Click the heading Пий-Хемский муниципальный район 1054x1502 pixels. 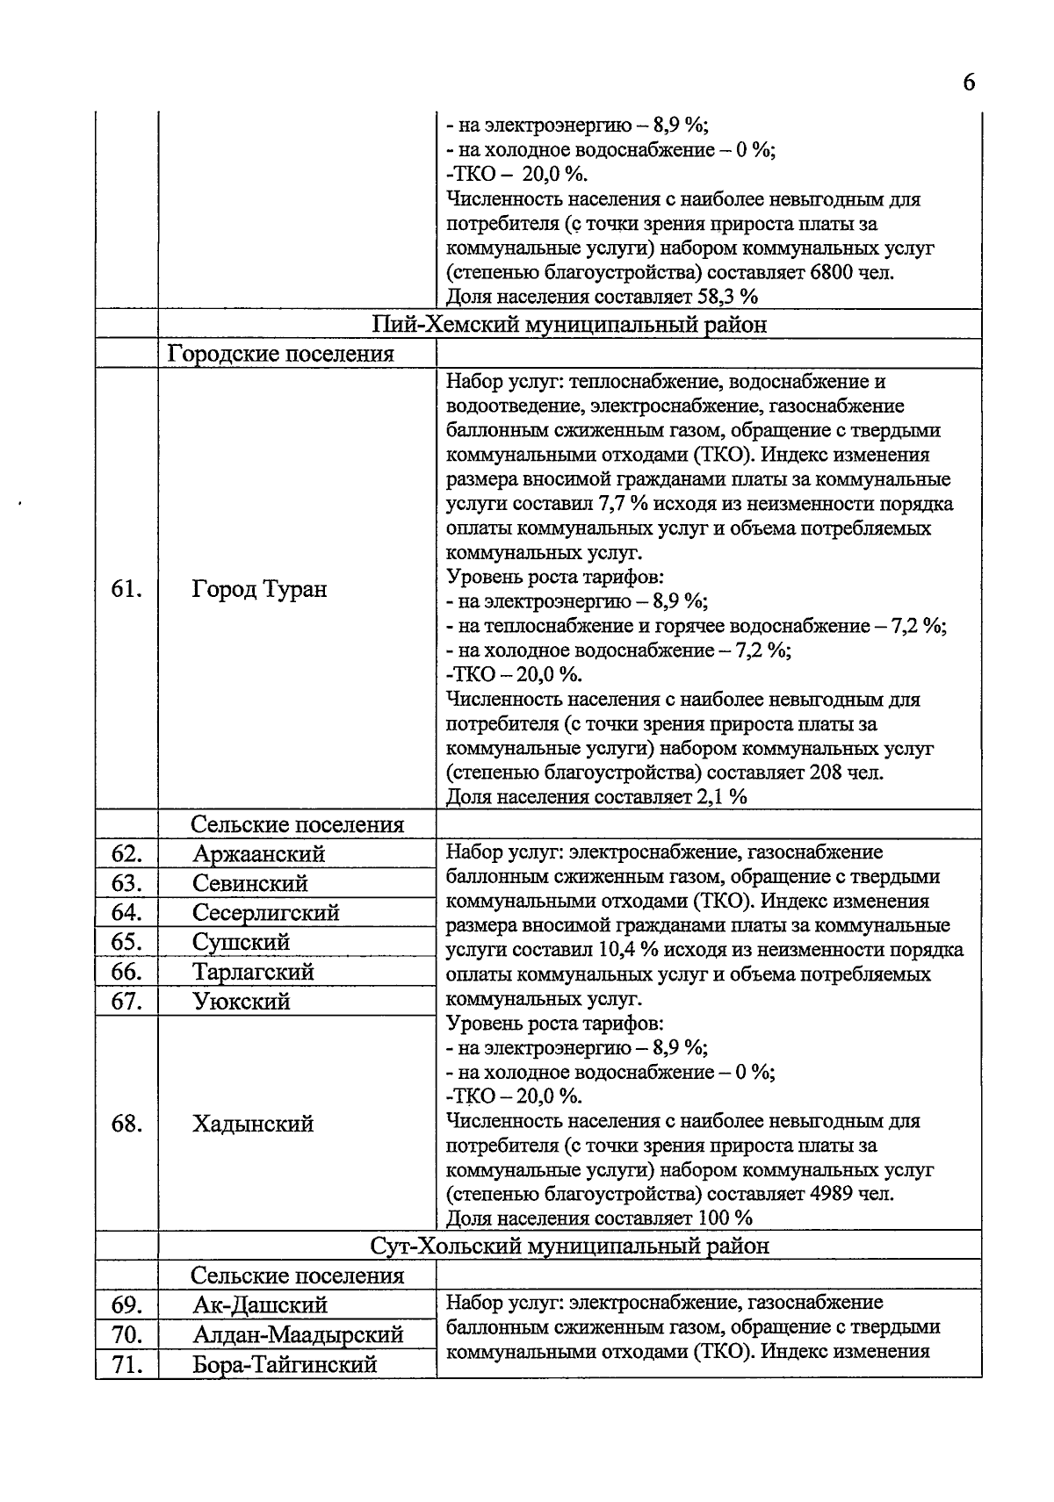[x=569, y=325]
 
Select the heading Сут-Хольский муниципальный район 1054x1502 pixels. [x=569, y=1246]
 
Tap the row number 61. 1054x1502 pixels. [x=126, y=589]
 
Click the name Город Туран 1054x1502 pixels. [x=259, y=589]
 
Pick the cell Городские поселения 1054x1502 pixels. [x=280, y=354]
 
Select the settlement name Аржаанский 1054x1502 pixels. [x=258, y=854]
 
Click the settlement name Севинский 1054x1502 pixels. [x=249, y=883]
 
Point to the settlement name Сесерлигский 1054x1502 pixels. [x=265, y=913]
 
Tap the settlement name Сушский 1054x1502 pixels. [x=241, y=942]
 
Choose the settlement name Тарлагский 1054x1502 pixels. [x=253, y=972]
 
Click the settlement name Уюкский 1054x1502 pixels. [x=242, y=1002]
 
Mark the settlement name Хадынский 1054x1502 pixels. [x=253, y=1125]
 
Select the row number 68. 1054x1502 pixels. [x=126, y=1125]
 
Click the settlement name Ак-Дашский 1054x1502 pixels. [x=259, y=1305]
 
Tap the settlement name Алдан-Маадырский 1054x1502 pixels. [x=298, y=1335]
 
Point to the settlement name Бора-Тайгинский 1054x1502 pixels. [x=285, y=1365]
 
